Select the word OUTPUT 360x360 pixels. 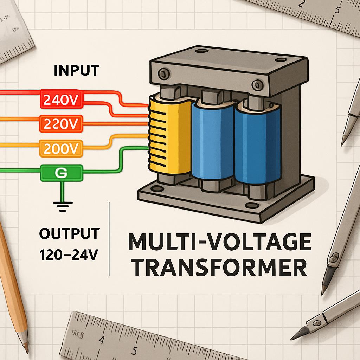point(70,234)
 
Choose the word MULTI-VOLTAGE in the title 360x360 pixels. point(219,243)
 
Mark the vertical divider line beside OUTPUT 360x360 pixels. point(110,239)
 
